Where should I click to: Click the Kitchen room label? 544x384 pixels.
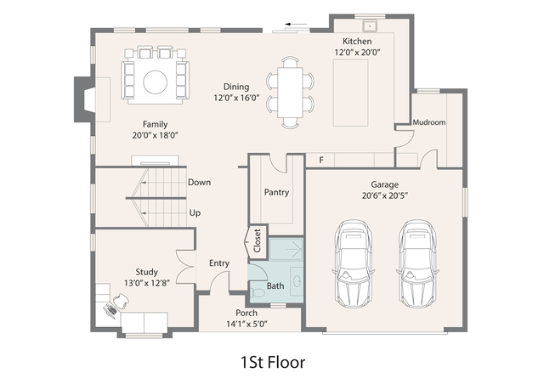click(x=357, y=42)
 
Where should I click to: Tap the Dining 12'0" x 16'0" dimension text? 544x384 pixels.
click(x=236, y=98)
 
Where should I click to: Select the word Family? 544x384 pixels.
click(x=155, y=124)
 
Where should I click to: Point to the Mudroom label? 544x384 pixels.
click(x=428, y=122)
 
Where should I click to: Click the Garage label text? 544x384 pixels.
click(x=384, y=184)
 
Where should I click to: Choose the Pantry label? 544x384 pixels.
click(x=276, y=192)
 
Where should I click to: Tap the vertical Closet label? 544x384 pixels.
click(x=257, y=241)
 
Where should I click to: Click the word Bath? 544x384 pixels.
click(x=275, y=286)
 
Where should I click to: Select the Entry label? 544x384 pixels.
click(x=219, y=263)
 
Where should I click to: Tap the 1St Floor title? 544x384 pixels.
click(x=273, y=362)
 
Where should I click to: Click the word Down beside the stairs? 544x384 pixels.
click(x=200, y=182)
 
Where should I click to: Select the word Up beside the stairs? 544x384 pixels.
click(x=195, y=212)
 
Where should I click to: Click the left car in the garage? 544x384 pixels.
click(x=354, y=264)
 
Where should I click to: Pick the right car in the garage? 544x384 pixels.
click(x=416, y=264)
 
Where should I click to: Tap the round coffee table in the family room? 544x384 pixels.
click(x=155, y=82)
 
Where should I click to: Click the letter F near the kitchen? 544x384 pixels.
click(x=320, y=160)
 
